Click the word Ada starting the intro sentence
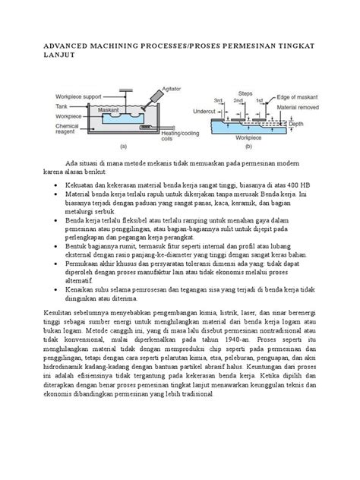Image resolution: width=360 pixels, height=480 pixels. pyautogui.click(x=93, y=163)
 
